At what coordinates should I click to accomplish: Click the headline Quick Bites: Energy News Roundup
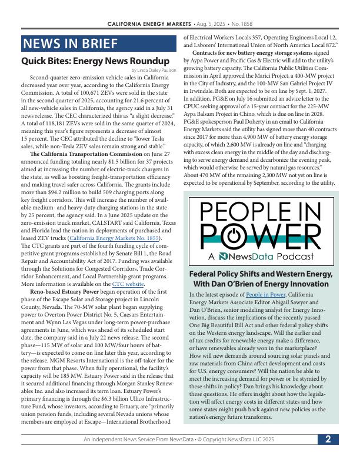95,61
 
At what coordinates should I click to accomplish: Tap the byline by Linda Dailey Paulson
154,71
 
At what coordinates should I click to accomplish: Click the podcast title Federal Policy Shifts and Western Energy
261,274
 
